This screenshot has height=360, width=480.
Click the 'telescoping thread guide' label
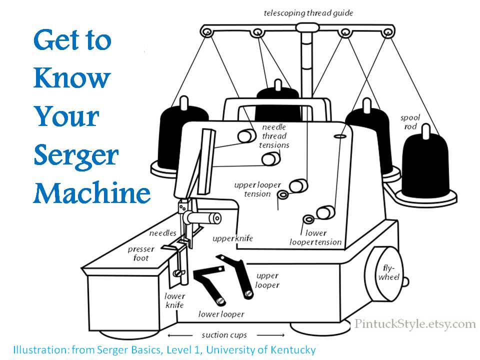coord(308,13)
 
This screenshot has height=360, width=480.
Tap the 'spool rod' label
coord(410,122)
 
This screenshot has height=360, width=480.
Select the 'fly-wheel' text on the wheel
coord(388,272)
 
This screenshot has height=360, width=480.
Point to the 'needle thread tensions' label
coord(274,136)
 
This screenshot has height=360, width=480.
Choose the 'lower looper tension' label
coord(316,237)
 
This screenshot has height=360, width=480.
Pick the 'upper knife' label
coord(232,238)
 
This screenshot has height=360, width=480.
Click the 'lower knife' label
coord(174,300)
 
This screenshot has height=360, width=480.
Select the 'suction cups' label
coord(224,334)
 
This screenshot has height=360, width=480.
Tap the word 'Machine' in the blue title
coord(92,192)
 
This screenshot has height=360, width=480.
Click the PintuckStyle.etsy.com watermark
coord(415,323)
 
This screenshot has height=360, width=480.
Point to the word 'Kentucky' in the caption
coord(292,349)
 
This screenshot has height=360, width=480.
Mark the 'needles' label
coord(162,233)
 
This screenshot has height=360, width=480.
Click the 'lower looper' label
coord(221,314)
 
